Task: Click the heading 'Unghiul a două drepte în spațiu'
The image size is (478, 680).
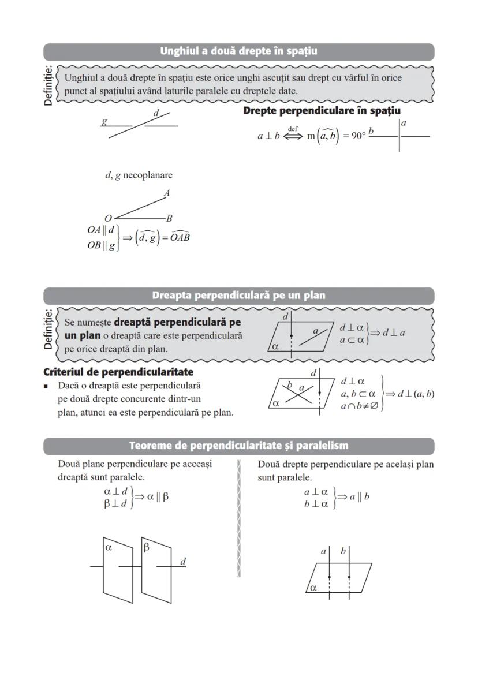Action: coord(238,51)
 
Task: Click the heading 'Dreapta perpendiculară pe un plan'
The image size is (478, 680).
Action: coord(238,296)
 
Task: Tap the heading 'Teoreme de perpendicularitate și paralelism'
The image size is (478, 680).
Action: coord(238,446)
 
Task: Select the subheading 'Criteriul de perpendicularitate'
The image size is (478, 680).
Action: coord(118,372)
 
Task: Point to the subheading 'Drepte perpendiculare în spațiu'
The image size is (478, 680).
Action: coord(322,110)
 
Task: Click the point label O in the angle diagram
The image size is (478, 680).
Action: coord(108,218)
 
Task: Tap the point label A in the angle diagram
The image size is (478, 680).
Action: coord(167,193)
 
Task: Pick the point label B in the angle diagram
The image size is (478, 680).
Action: coord(169,218)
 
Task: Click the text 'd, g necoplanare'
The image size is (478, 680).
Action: coord(139,175)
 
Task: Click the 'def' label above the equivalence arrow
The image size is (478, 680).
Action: coord(293,129)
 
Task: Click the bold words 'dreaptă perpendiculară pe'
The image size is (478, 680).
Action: coord(178,322)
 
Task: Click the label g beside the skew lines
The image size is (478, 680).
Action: coord(104,122)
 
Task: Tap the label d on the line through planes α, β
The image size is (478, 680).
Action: coord(183,561)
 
